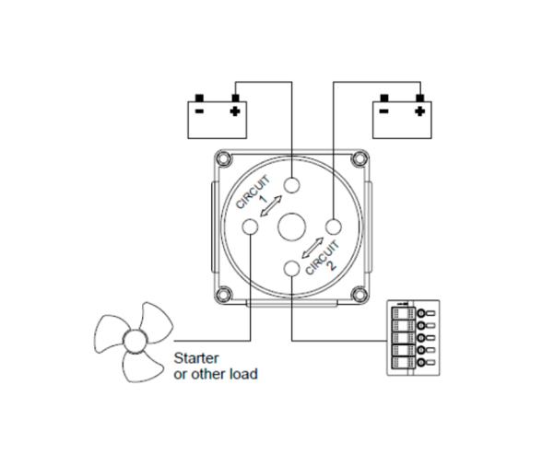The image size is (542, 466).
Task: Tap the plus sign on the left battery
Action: (235, 111)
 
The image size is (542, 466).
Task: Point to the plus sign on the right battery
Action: (420, 111)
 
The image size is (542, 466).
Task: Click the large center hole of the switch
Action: (292, 227)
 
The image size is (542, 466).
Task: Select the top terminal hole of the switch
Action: (292, 185)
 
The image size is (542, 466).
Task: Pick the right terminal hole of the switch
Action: (334, 226)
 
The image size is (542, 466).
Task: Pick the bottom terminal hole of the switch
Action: (292, 268)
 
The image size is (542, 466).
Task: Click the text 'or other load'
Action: (216, 374)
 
